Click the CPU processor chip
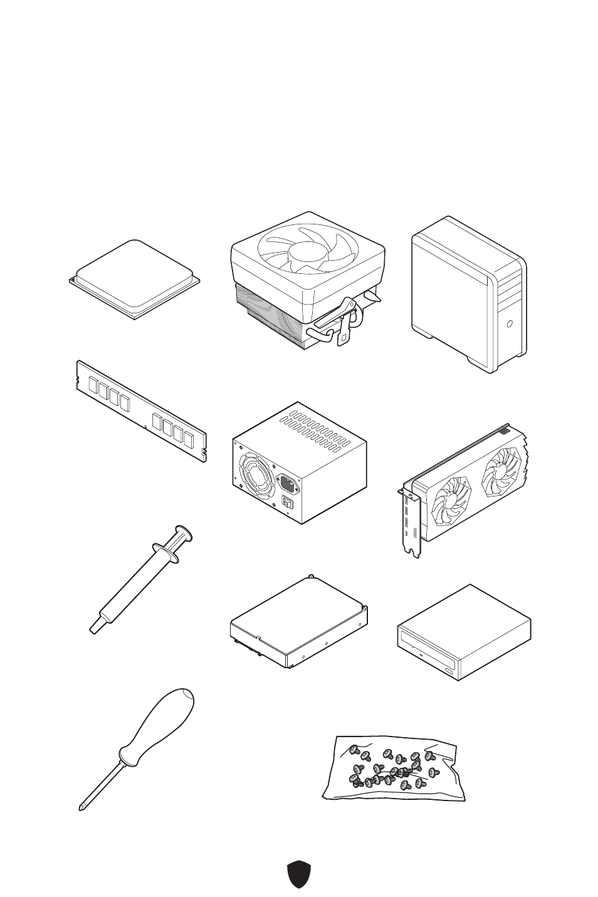pos(135,279)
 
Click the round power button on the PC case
pos(510,324)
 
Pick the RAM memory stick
pos(141,411)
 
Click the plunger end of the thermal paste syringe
pos(184,533)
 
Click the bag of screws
pos(394,768)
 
